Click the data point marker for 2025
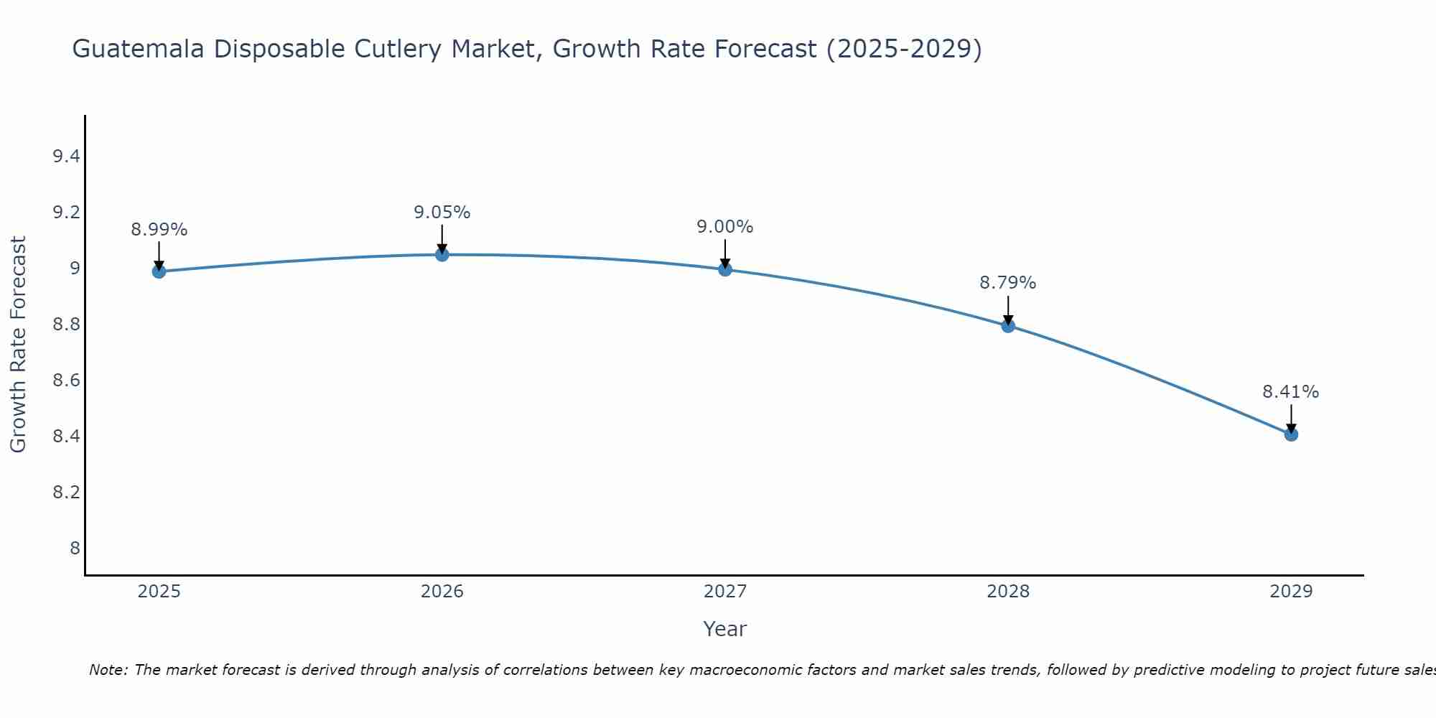[x=159, y=271]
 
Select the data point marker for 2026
[x=442, y=254]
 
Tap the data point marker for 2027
[x=725, y=269]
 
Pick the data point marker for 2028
[x=1008, y=326]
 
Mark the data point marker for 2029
[x=1291, y=434]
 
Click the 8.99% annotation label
[x=159, y=230]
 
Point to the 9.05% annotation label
[x=442, y=213]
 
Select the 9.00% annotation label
[x=725, y=227]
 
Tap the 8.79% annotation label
[x=1008, y=283]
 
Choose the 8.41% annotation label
[x=1291, y=392]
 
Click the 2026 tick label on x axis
[x=442, y=592]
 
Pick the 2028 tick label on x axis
[x=1008, y=592]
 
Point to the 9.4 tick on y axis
[x=66, y=157]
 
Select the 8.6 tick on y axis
[x=66, y=381]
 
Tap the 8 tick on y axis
[x=75, y=549]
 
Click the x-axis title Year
[x=725, y=629]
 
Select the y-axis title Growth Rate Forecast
[x=18, y=344]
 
